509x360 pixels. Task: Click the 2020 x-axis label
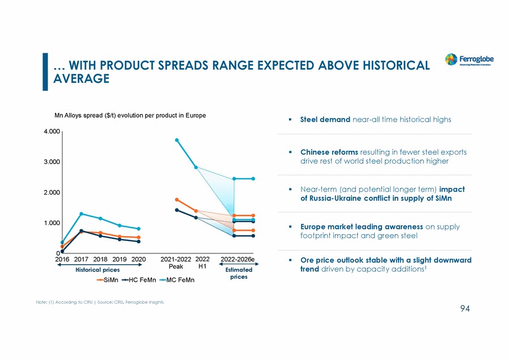(139, 260)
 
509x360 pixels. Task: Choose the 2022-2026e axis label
(237, 260)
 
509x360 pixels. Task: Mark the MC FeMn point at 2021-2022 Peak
(177, 140)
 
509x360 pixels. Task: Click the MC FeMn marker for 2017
(82, 214)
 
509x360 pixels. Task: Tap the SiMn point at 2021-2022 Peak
(177, 200)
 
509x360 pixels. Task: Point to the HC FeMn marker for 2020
(139, 242)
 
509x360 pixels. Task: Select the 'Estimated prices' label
(239, 273)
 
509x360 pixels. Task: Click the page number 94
(465, 308)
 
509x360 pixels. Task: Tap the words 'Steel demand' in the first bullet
(325, 120)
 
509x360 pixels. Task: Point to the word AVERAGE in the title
(81, 78)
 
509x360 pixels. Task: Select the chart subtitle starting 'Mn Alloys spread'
(130, 116)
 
